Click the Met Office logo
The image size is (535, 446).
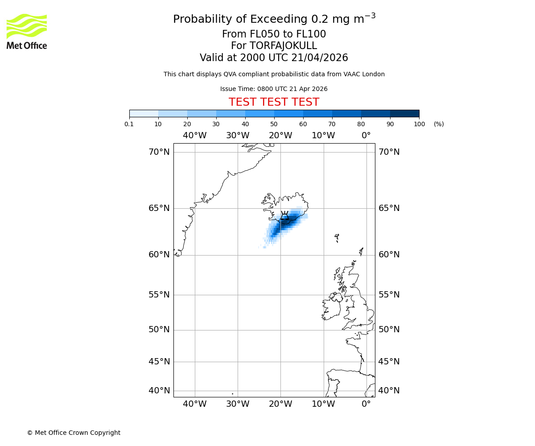[27, 31]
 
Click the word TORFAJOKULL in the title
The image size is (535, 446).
[283, 46]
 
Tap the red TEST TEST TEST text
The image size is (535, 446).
[274, 102]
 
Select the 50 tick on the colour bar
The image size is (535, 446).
[274, 124]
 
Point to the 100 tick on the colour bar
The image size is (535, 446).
[419, 124]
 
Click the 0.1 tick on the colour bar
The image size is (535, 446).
[129, 124]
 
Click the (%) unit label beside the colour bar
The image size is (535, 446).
[439, 124]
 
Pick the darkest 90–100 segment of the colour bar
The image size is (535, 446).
[404, 113]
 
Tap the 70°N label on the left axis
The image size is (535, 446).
[159, 152]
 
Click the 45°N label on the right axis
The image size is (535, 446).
[389, 362]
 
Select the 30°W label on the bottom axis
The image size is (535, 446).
[238, 404]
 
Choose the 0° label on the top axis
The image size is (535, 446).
[366, 136]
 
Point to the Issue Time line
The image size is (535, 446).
[274, 89]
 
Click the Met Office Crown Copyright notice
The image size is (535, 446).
[74, 433]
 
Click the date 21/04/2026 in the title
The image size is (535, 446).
[320, 58]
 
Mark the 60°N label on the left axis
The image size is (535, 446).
[159, 255]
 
